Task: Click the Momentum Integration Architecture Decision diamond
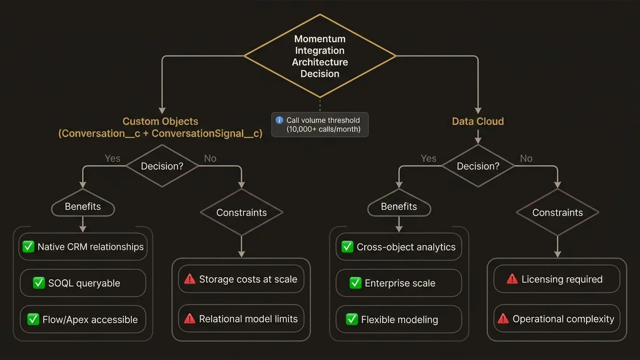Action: [x=320, y=56]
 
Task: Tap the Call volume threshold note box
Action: [x=320, y=125]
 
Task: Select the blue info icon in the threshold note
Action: [x=278, y=120]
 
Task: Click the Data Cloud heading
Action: [x=478, y=122]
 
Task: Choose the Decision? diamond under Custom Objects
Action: [x=162, y=166]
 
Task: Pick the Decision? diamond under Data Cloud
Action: [x=478, y=166]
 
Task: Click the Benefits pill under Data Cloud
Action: [x=399, y=206]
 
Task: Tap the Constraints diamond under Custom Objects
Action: [x=242, y=212]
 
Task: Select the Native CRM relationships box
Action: [x=83, y=247]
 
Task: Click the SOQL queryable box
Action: [x=83, y=283]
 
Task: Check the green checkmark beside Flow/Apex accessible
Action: [x=33, y=319]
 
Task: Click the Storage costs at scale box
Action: [x=241, y=279]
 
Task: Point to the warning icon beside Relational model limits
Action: [x=189, y=319]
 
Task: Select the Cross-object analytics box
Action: [x=399, y=247]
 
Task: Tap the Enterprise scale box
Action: [x=399, y=283]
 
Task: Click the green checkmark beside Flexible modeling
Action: [x=351, y=319]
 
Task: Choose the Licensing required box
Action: [x=557, y=279]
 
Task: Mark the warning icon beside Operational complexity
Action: [x=503, y=319]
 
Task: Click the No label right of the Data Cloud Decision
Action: [x=526, y=158]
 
